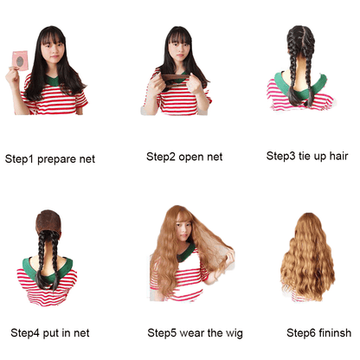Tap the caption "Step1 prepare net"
coord(49,159)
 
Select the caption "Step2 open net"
coord(184,157)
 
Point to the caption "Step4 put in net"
coord(49,332)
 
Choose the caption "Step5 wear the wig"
coord(190,332)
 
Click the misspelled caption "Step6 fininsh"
coord(318,332)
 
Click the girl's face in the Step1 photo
coord(55,50)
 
